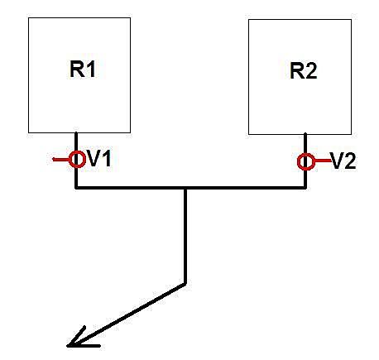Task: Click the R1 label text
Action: (x=83, y=70)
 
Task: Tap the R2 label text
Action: (x=303, y=71)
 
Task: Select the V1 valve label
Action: (x=98, y=159)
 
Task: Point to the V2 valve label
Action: (x=343, y=161)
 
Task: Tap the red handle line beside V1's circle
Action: (x=61, y=159)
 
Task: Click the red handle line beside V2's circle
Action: (x=322, y=161)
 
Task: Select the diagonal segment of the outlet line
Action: (x=127, y=314)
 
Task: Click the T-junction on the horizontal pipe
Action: (x=185, y=188)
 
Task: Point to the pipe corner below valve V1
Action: (x=76, y=188)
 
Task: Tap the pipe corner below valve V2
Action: (x=305, y=188)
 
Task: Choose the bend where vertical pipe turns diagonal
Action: (x=185, y=283)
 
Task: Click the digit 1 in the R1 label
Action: (x=91, y=70)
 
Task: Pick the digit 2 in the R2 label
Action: (x=311, y=71)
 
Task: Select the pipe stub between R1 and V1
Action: (x=76, y=142)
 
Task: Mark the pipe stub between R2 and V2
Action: (x=305, y=144)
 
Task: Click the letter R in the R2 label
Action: (x=297, y=71)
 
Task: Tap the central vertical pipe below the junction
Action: (x=185, y=236)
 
